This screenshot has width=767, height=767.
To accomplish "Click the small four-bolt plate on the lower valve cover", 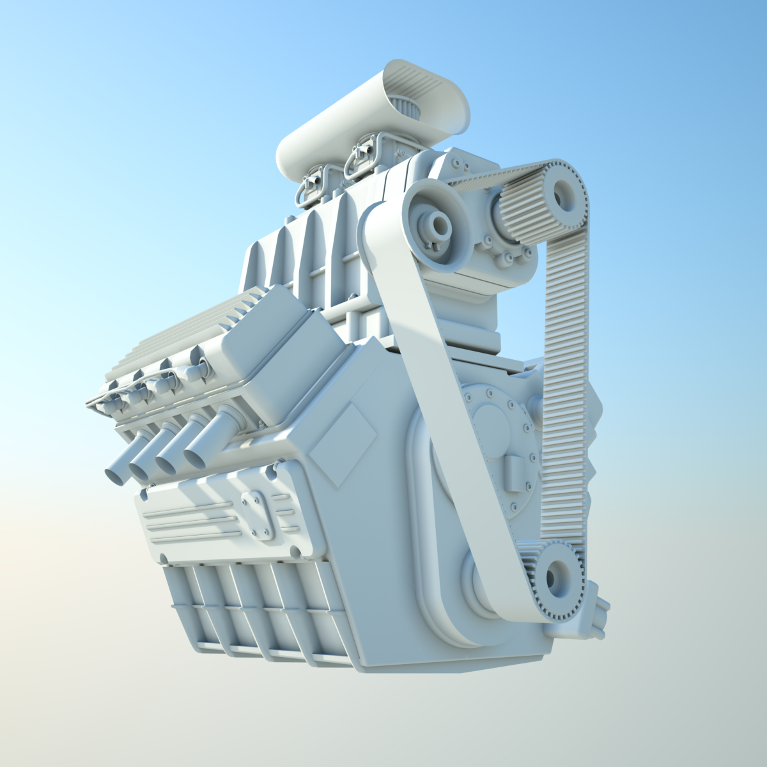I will point(259,515).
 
